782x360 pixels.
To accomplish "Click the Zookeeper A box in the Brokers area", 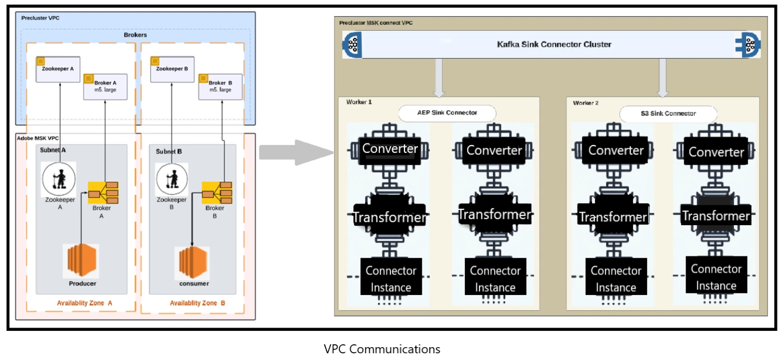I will pyautogui.click(x=58, y=69).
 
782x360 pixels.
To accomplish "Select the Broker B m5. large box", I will pyautogui.click(x=220, y=86).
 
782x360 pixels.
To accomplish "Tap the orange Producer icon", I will pyautogui.click(x=82, y=261).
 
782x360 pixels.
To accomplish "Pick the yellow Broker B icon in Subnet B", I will pyautogui.click(x=216, y=192).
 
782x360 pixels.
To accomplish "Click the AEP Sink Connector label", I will pyautogui.click(x=447, y=113).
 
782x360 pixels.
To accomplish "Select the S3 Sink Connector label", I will pyautogui.click(x=668, y=114).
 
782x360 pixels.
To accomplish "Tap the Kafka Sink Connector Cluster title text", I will pyautogui.click(x=554, y=44).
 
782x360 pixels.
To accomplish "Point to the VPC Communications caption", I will pyautogui.click(x=382, y=349).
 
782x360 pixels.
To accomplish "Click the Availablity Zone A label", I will pyautogui.click(x=85, y=303).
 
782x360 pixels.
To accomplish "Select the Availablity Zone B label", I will pyautogui.click(x=197, y=303).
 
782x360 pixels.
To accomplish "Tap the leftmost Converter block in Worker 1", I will pyautogui.click(x=390, y=149).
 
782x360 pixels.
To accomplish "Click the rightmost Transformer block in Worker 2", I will pyautogui.click(x=715, y=216).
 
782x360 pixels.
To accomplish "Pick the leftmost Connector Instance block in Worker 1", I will pyautogui.click(x=391, y=279).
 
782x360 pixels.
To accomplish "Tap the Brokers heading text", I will pyautogui.click(x=135, y=35).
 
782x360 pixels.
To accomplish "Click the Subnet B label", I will pyautogui.click(x=169, y=151).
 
